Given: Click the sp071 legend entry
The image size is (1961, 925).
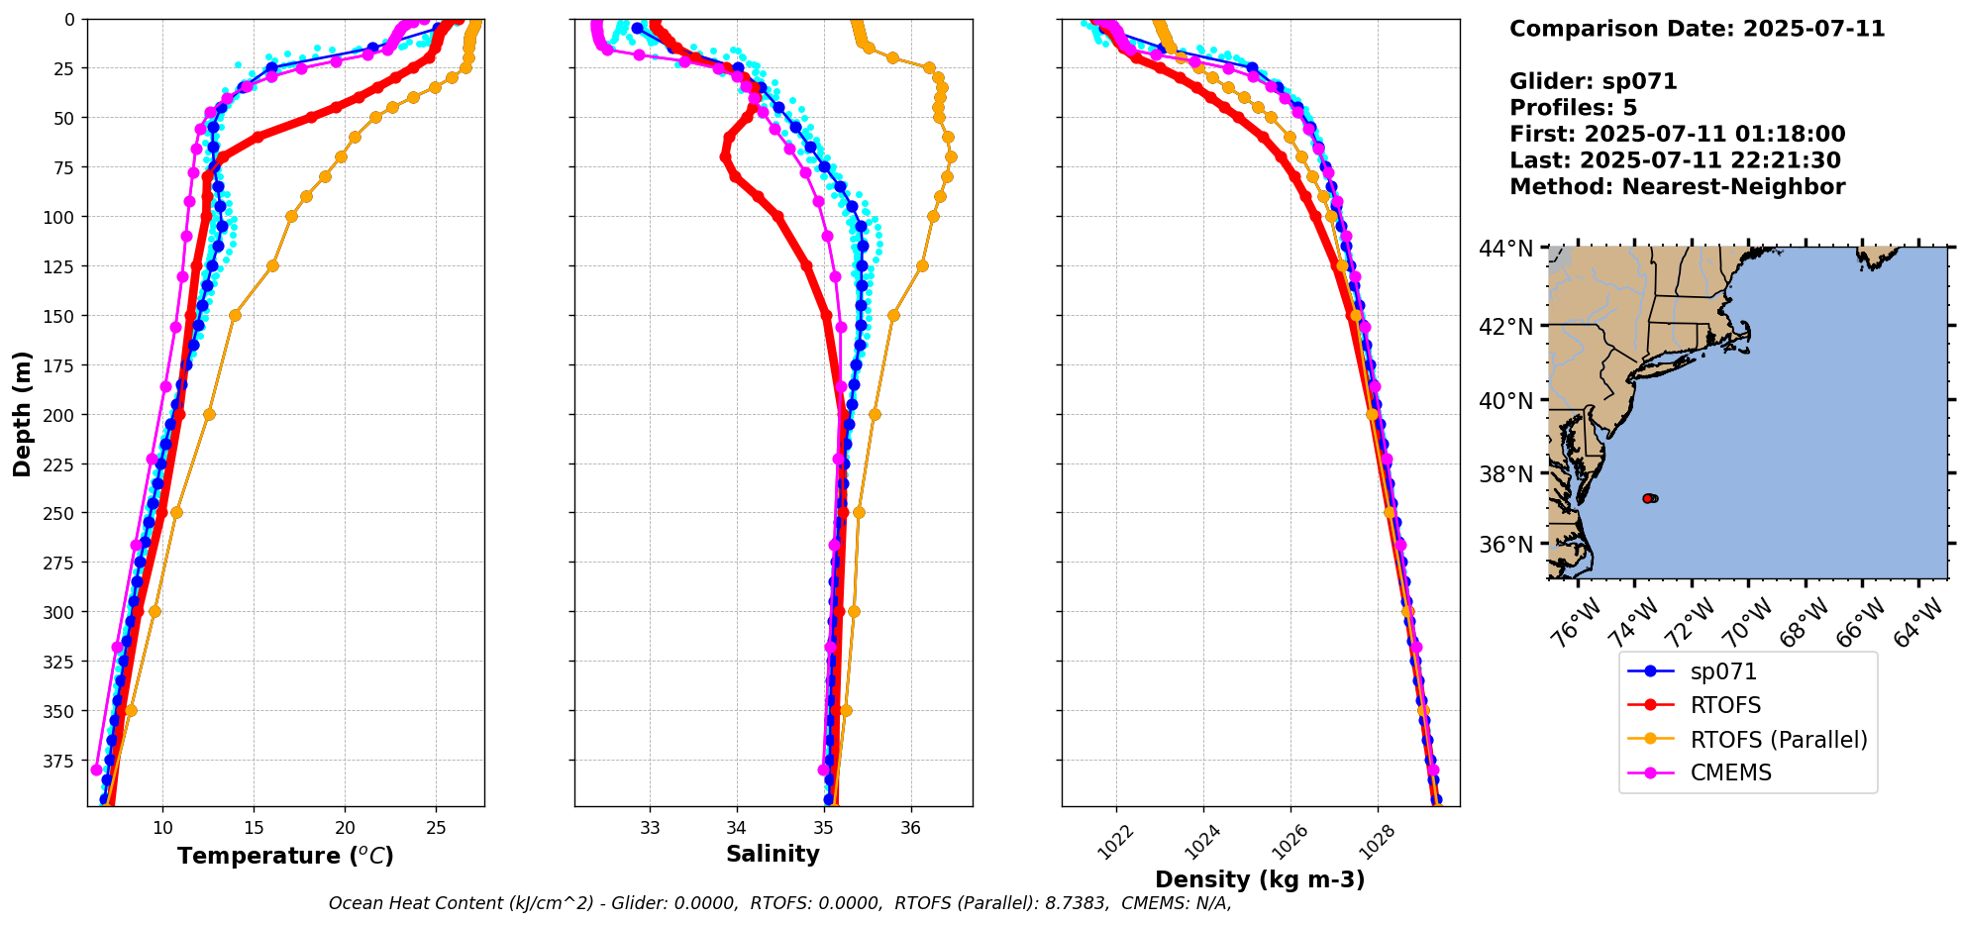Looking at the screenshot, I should pyautogui.click(x=1723, y=671).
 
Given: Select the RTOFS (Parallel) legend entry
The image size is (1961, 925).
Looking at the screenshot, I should pyautogui.click(x=1778, y=740).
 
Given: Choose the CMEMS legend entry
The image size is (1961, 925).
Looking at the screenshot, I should pyautogui.click(x=1730, y=772).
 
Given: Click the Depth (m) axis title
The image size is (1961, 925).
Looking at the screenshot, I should pyautogui.click(x=22, y=413).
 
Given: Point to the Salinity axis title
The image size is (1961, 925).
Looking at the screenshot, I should pyautogui.click(x=773, y=855).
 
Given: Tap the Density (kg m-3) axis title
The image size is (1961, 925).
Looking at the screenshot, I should pyautogui.click(x=1260, y=879).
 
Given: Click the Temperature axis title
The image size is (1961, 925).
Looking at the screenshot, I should pyautogui.click(x=285, y=856).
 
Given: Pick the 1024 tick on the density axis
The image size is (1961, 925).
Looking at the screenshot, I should pyautogui.click(x=1201, y=842).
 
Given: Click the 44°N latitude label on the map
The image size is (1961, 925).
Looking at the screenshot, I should pyautogui.click(x=1505, y=249).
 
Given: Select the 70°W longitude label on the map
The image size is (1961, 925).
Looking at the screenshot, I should pyautogui.click(x=1747, y=624).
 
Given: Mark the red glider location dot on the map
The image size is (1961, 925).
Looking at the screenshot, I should pyautogui.click(x=1647, y=498).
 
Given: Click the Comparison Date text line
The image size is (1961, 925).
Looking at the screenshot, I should pyautogui.click(x=1697, y=29).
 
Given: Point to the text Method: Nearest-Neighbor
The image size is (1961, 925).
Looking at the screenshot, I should pyautogui.click(x=1677, y=187).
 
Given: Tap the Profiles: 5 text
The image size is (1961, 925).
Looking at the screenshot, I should pyautogui.click(x=1573, y=108).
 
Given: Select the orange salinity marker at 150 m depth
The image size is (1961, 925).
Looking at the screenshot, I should pyautogui.click(x=893, y=316).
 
